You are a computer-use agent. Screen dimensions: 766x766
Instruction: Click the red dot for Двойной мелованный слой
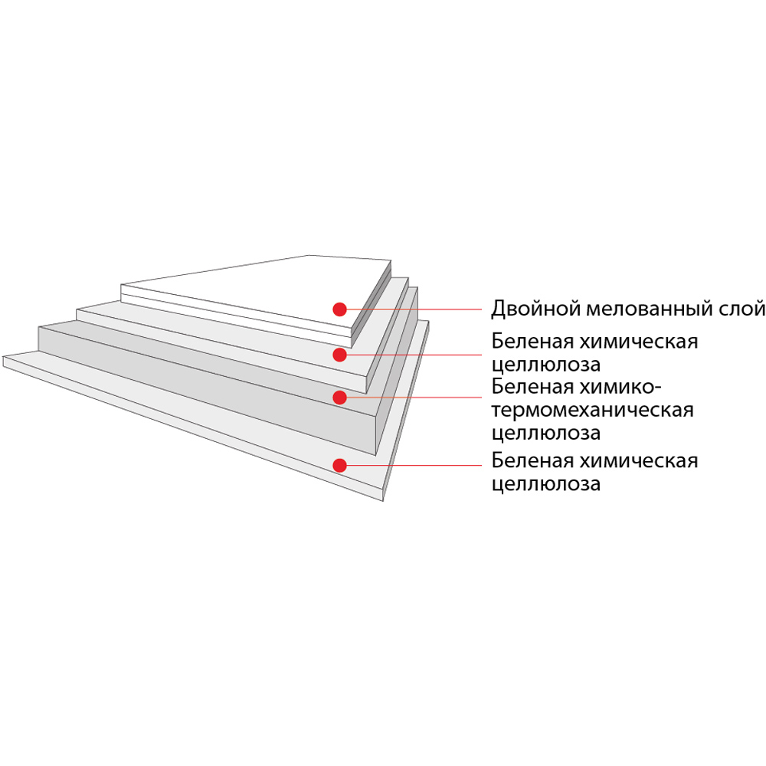[339, 309]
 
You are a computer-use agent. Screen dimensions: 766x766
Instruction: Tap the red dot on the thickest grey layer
[339, 397]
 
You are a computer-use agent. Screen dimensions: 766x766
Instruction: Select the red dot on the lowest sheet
[339, 465]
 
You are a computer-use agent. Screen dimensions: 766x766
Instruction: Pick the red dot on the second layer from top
[339, 355]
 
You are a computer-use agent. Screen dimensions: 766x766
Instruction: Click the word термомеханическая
[593, 411]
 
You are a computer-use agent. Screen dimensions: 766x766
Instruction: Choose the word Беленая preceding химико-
[532, 387]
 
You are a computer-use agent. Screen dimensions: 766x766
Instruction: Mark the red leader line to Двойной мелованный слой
[414, 309]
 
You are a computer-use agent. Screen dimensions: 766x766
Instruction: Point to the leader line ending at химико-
[414, 397]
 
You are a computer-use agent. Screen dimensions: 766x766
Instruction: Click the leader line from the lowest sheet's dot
[414, 465]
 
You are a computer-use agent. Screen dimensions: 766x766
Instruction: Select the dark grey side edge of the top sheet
[372, 302]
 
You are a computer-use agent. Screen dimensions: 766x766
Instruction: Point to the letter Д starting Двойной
[499, 309]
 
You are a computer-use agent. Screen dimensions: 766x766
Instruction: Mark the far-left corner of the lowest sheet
[3, 357]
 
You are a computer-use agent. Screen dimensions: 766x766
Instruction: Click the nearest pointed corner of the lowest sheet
[382, 501]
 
